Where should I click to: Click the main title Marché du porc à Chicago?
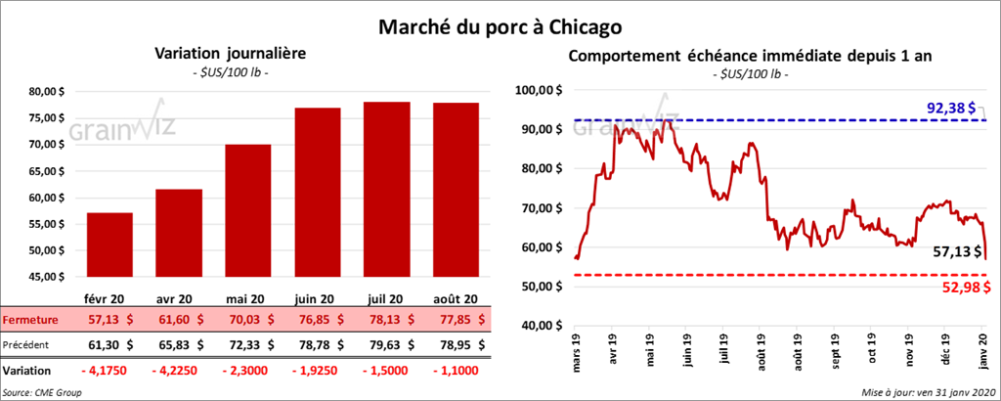[x=500, y=22]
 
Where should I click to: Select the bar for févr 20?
[x=109, y=245]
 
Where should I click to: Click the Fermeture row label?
[x=31, y=319]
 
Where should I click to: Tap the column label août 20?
[x=455, y=299]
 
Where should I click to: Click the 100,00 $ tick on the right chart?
[x=541, y=90]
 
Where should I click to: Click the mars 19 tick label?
[x=577, y=355]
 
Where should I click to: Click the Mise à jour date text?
[x=927, y=392]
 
